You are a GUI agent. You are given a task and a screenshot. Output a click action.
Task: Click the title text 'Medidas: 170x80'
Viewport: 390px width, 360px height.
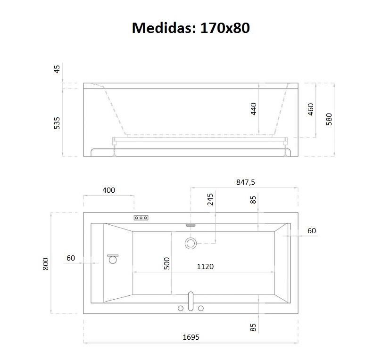point(191,28)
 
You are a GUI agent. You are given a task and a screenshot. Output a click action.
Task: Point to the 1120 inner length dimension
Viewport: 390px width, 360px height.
point(205,266)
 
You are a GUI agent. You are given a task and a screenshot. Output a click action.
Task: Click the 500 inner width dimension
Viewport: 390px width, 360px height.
point(166,263)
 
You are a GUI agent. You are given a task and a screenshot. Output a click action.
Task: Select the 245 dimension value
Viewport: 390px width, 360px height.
point(210,200)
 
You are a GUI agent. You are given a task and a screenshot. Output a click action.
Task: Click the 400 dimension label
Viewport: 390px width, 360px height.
point(108,190)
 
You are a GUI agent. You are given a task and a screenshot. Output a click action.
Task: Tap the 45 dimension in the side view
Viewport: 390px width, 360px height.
point(57,69)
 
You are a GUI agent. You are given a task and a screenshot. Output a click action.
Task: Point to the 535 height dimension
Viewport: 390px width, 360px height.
point(57,122)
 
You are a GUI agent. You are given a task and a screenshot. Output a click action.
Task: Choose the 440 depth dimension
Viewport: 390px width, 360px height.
point(253,109)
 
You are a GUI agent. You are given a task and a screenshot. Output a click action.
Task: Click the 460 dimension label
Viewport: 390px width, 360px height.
point(311,109)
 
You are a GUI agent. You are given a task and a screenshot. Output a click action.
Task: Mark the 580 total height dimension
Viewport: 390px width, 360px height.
point(329,118)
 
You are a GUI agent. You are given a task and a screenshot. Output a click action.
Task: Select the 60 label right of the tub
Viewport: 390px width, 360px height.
point(311,231)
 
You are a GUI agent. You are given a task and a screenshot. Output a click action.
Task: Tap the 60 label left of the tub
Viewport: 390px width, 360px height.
point(71,258)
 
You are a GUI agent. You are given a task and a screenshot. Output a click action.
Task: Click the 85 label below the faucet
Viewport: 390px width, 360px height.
point(253,327)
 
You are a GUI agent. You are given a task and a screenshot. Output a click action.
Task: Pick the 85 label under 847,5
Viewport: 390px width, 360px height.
point(253,200)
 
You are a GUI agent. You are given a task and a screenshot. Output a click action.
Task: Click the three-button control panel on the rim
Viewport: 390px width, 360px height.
point(141,218)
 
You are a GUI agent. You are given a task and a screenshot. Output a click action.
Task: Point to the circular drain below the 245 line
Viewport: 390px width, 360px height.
point(191,243)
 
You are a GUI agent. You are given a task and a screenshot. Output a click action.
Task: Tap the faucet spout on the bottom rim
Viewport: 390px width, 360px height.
point(191,300)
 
